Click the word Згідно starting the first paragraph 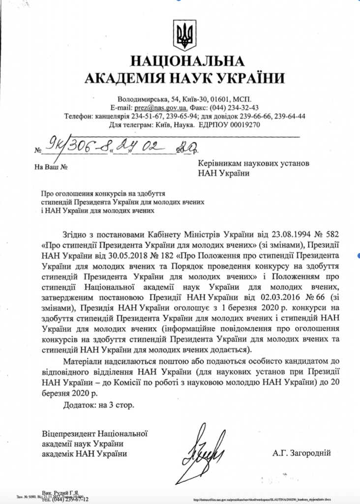[x=75, y=233]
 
